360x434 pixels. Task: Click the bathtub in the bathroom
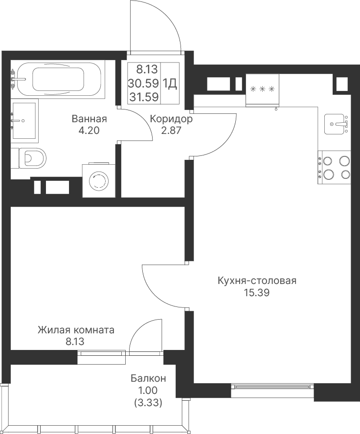pos(58,79)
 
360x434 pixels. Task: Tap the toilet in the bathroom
pos(28,158)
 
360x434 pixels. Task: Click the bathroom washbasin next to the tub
pos(24,120)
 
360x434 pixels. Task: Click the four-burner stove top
pos(335,168)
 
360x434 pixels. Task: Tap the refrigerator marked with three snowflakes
pos(262,90)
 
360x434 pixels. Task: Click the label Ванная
pos(89,119)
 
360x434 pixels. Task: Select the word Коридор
pos(171,119)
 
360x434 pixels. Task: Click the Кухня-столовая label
pos(257,281)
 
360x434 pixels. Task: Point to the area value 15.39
pos(256,293)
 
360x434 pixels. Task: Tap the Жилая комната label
pos(76,330)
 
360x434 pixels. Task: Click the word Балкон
pos(148,378)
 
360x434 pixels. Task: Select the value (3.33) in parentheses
pos(148,402)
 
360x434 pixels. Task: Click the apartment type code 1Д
pos(170,83)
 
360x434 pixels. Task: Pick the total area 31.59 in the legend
pos(144,97)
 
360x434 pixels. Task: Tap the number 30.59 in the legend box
pos(143,83)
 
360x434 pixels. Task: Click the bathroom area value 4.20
pos(89,130)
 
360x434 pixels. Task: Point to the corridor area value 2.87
pos(171,130)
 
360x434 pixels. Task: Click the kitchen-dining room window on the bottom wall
pos(272,387)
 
